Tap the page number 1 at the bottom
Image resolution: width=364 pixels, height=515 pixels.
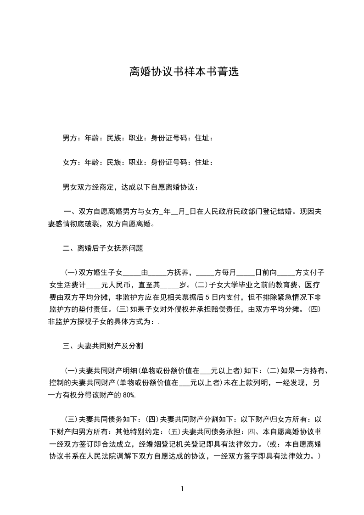click(182, 489)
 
